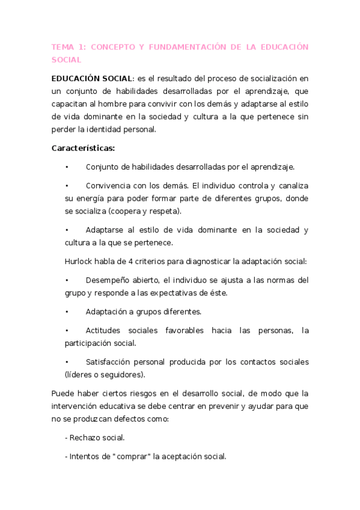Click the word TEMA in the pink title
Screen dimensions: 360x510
pos(61,47)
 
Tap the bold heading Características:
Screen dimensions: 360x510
pos(83,148)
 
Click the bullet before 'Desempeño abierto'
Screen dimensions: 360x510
pos(67,280)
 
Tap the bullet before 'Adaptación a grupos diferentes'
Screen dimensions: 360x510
pos(67,312)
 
